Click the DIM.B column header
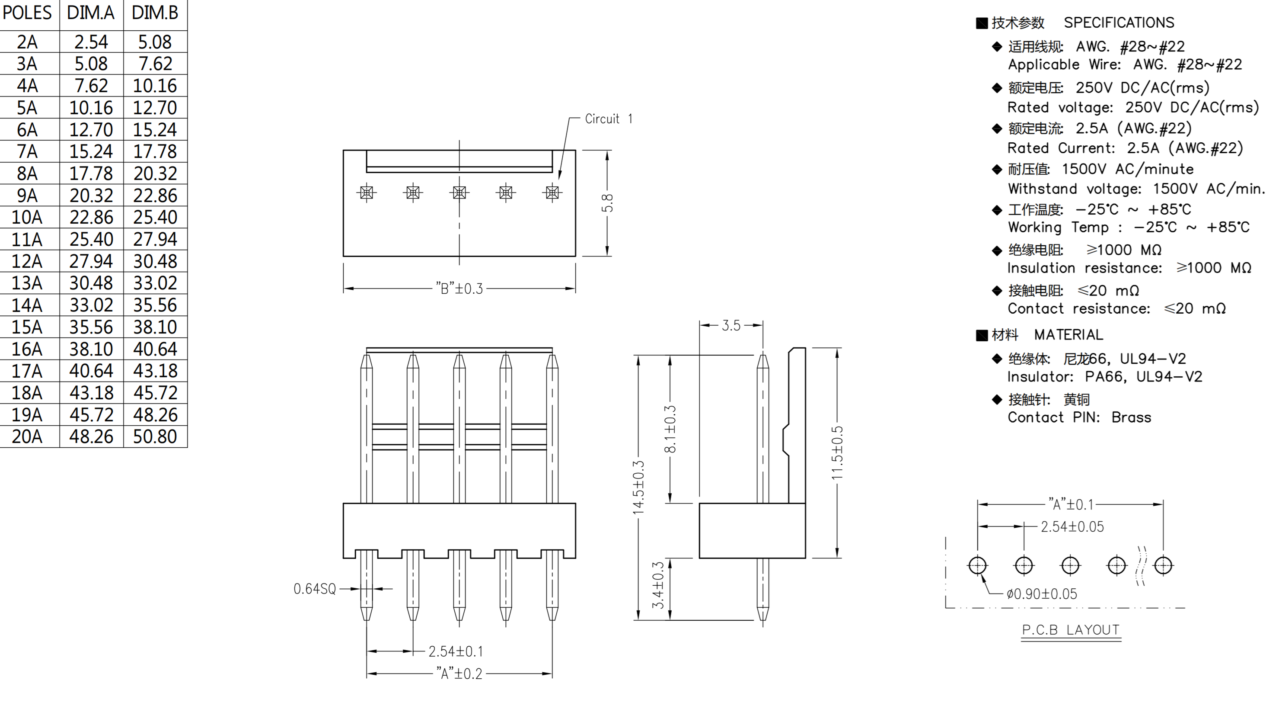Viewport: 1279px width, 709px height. (x=155, y=13)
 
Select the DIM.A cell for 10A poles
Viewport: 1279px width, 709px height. (x=91, y=217)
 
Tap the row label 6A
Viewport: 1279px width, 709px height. (x=27, y=130)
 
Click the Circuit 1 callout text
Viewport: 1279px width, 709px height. (x=608, y=119)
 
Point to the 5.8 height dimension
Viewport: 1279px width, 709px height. (x=607, y=203)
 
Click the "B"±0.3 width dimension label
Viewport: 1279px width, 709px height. (x=459, y=288)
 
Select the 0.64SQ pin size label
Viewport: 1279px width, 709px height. (x=315, y=589)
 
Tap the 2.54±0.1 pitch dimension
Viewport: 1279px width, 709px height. (x=455, y=651)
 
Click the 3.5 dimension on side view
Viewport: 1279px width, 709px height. (x=731, y=325)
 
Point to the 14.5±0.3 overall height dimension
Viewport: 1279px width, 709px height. (x=638, y=487)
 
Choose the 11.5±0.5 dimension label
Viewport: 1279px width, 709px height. (x=838, y=452)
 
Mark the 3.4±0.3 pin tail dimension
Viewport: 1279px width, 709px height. (x=658, y=585)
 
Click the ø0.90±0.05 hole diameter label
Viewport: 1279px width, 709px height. (x=1042, y=594)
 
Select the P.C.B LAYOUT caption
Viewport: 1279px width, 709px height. (x=1071, y=630)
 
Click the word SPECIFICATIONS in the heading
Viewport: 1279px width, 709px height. (x=1119, y=22)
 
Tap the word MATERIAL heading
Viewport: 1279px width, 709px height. (x=1068, y=334)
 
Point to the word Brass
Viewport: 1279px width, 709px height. (x=1131, y=417)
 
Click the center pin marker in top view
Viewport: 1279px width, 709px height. (x=459, y=192)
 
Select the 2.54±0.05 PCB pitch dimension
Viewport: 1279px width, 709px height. (x=1072, y=526)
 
